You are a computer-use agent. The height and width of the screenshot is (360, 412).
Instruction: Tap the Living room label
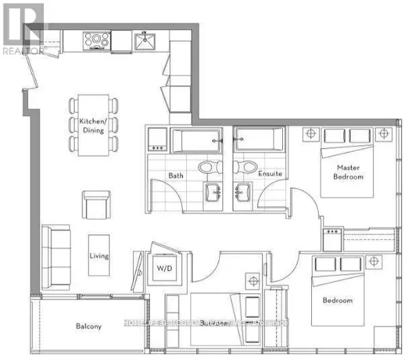coord(98,256)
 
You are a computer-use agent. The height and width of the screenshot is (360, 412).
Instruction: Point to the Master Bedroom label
coord(350,172)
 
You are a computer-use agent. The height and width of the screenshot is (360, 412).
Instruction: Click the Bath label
coord(176,175)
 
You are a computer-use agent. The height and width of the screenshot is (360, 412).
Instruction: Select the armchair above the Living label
coord(95,203)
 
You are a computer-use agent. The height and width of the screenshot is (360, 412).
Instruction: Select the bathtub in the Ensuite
coord(259,142)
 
